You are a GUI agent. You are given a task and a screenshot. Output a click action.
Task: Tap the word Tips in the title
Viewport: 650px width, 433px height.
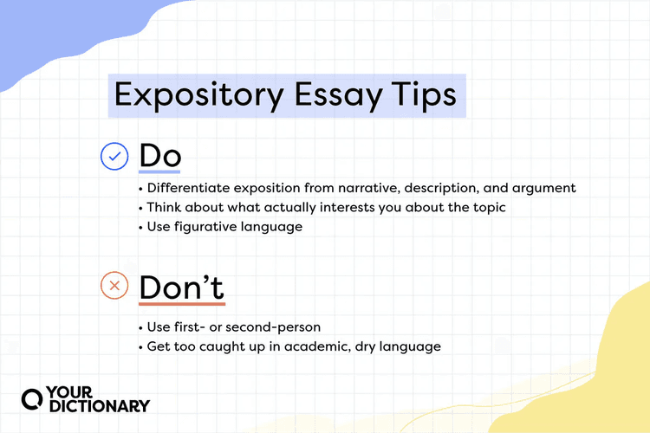[421, 94]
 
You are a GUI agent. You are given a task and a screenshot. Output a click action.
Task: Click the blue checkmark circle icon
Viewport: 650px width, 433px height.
[114, 157]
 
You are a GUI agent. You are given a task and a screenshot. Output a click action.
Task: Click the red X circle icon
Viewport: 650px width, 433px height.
[114, 285]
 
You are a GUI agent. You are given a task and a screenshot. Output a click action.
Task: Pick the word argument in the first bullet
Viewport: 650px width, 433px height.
[543, 187]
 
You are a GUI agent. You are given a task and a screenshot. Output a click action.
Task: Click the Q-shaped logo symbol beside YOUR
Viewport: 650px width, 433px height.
[32, 399]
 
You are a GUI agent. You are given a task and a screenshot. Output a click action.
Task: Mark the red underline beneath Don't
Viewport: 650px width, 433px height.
[181, 305]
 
